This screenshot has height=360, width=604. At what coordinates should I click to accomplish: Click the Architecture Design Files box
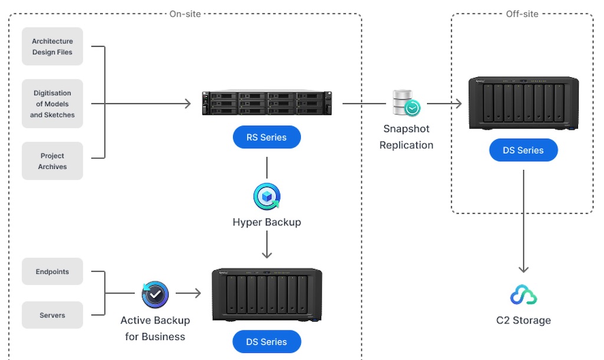[x=52, y=47]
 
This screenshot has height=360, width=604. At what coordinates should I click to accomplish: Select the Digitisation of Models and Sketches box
[x=52, y=104]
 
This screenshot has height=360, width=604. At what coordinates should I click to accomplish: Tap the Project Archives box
[x=52, y=161]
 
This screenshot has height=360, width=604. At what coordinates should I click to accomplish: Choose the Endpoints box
[x=52, y=271]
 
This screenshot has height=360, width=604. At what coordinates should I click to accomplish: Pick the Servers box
[x=52, y=315]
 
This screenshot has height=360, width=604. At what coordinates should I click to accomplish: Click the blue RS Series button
[x=267, y=138]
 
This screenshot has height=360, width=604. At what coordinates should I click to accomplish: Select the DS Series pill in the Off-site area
[x=523, y=150]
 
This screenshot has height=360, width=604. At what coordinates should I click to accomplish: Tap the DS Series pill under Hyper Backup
[x=267, y=342]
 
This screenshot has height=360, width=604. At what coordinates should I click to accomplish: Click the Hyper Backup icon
[x=267, y=197]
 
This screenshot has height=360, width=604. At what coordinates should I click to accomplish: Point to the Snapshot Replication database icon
[x=406, y=103]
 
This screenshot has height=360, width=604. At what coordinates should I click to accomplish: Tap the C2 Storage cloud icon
[x=523, y=294]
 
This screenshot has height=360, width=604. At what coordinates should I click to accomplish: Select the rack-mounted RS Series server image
[x=267, y=103]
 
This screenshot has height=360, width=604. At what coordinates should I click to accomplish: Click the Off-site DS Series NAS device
[x=523, y=103]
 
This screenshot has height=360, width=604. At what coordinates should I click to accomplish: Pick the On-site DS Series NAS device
[x=267, y=294]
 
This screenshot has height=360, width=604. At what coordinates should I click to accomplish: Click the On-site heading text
[x=185, y=14]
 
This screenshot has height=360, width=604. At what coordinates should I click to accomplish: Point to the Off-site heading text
[x=522, y=14]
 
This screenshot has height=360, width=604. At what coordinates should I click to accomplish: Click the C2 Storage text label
[x=523, y=320]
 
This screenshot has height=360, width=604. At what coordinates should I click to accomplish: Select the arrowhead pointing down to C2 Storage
[x=523, y=269]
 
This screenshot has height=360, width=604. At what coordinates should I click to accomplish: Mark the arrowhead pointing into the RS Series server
[x=188, y=104]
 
